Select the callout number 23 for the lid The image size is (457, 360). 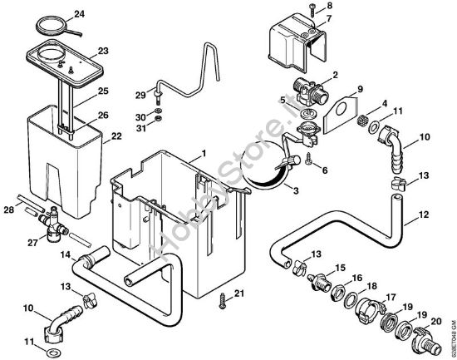(103, 51)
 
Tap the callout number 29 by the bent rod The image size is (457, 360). (140, 94)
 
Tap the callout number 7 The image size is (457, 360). (328, 18)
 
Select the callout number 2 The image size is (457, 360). (334, 75)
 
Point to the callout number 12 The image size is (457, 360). (423, 215)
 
